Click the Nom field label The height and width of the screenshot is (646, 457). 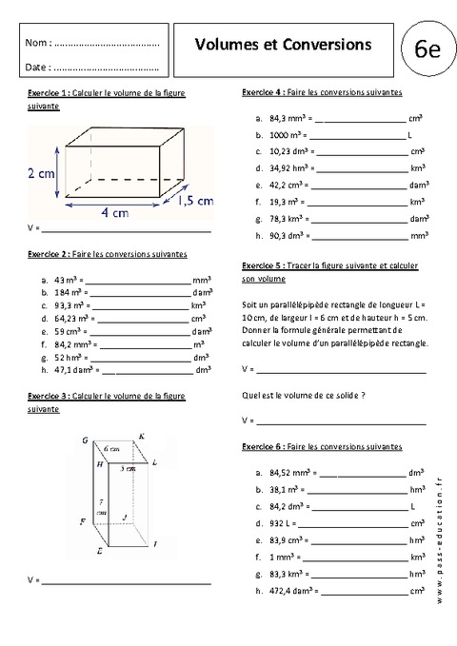coord(37,44)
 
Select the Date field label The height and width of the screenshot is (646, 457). coord(37,68)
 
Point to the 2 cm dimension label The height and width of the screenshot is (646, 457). coord(41,173)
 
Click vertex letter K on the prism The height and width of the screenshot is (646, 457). coord(142,437)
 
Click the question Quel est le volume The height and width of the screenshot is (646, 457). coord(305,394)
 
